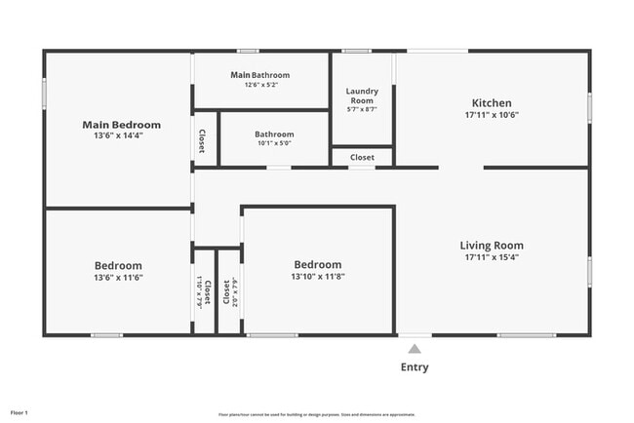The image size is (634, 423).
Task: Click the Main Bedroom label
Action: click(121, 125)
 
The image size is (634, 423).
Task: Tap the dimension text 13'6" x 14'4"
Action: click(121, 136)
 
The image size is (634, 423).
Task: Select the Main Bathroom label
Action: click(259, 75)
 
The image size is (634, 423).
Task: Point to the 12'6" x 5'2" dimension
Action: click(259, 86)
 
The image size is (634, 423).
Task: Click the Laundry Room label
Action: click(361, 96)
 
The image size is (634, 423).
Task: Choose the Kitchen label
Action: click(491, 102)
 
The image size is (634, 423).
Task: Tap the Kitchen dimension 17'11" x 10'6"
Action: click(491, 115)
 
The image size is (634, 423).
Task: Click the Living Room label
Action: click(492, 246)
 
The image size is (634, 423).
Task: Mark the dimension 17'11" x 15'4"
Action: click(492, 258)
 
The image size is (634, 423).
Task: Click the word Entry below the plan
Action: click(415, 367)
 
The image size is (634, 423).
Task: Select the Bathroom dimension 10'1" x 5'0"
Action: click(274, 143)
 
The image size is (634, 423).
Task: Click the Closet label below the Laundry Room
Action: click(362, 157)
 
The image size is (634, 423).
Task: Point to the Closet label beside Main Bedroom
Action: click(202, 142)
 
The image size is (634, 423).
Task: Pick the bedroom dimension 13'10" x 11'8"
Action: click(318, 277)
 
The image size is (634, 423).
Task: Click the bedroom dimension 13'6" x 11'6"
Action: click(118, 278)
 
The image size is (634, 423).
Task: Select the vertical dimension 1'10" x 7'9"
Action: click(198, 292)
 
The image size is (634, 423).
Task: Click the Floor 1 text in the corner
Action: click(20, 412)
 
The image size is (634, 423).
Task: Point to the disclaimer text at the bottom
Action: click(316, 413)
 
